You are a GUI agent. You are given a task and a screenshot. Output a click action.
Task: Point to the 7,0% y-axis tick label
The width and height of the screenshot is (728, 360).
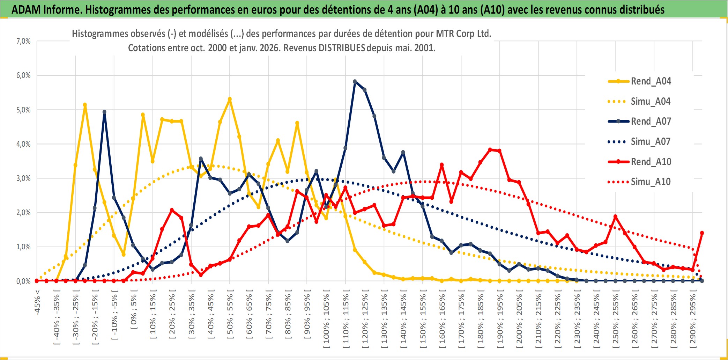(x=23, y=41)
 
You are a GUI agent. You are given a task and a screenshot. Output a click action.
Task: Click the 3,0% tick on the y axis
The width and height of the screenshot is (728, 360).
(x=23, y=178)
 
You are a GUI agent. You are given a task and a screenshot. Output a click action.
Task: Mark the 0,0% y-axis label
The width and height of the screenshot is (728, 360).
(x=23, y=281)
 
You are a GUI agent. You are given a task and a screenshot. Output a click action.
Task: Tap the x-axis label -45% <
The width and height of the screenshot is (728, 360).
(x=37, y=302)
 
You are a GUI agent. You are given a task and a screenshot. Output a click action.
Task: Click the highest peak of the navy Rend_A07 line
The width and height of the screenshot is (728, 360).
(x=355, y=81)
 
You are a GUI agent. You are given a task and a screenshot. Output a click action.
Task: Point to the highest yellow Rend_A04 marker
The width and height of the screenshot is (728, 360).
(x=230, y=99)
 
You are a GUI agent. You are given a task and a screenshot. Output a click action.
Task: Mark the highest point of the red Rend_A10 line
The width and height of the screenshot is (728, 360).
(x=490, y=149)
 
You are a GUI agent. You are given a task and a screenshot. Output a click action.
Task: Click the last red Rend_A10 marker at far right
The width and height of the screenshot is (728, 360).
(x=702, y=233)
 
